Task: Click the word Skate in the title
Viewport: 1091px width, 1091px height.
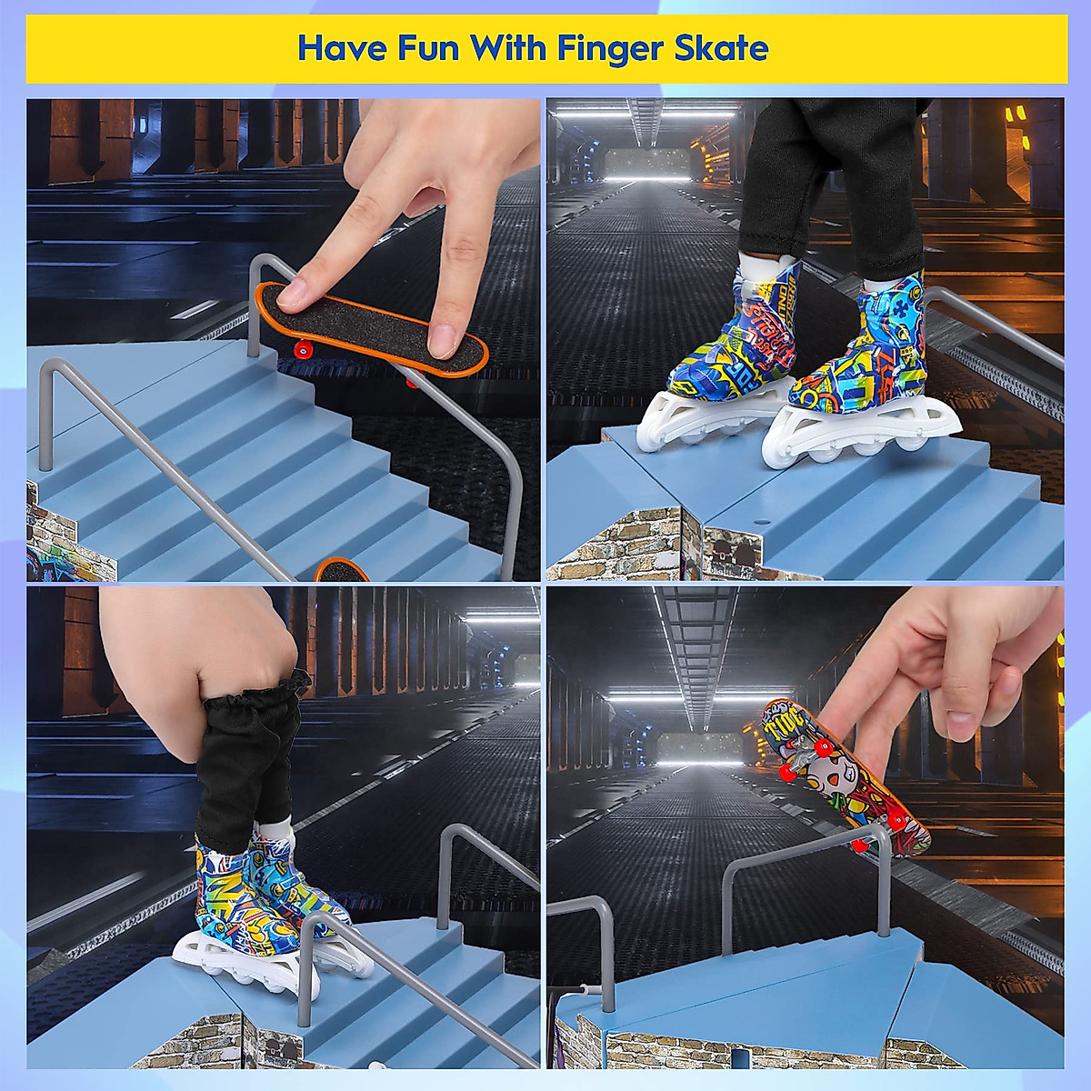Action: click(x=727, y=47)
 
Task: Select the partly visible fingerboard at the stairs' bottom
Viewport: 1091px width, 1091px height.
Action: click(x=344, y=570)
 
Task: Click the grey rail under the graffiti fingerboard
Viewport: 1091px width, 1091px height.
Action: click(x=800, y=850)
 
